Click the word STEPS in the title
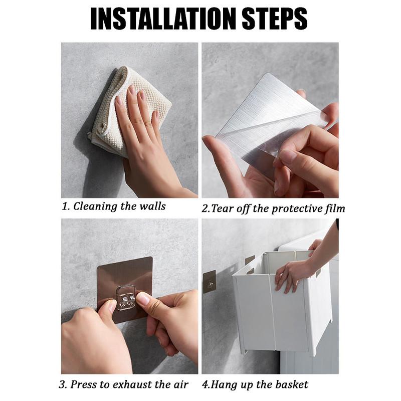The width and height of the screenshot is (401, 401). tap(274, 19)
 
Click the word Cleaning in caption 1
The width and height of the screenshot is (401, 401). tap(95, 206)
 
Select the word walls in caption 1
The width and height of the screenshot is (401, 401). tap(152, 206)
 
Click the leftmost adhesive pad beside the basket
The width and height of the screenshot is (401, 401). tap(209, 282)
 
